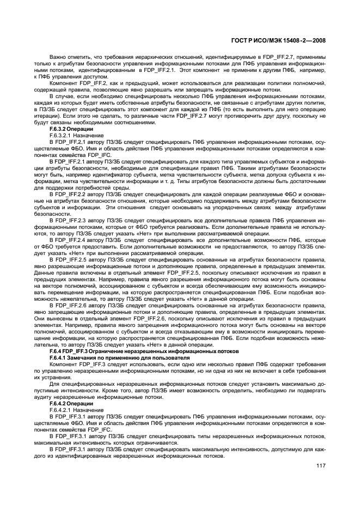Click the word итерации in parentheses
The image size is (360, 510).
(46, 117)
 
